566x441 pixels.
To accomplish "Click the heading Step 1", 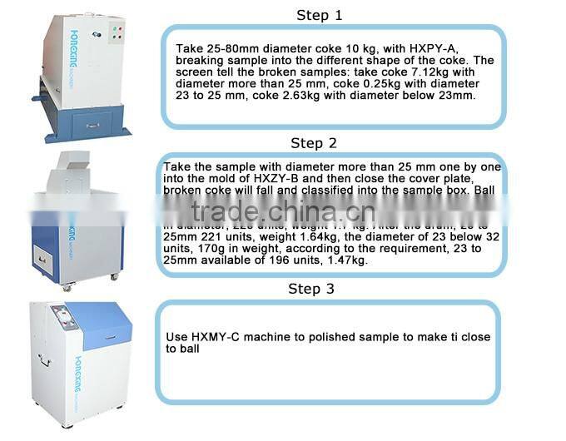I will click(x=320, y=15).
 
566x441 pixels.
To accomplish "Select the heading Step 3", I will click(x=311, y=289).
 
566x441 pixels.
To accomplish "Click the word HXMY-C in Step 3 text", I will click(x=215, y=337).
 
